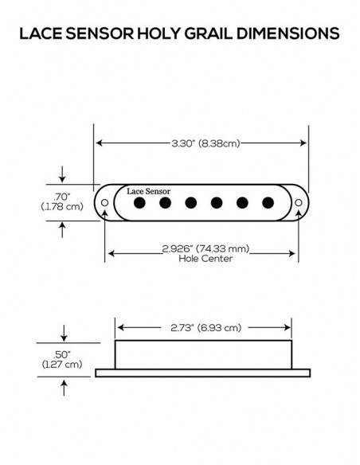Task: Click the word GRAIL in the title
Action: click(x=186, y=34)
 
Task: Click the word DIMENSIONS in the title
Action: click(x=276, y=34)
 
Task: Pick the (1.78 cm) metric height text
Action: click(x=62, y=206)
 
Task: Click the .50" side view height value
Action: click(x=62, y=354)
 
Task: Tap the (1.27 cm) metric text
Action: click(x=62, y=364)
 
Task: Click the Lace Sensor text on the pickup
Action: click(x=148, y=191)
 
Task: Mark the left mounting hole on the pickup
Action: click(x=105, y=203)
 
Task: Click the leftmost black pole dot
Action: click(x=140, y=203)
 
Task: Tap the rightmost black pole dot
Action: click(x=267, y=203)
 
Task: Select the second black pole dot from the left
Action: click(x=166, y=203)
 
